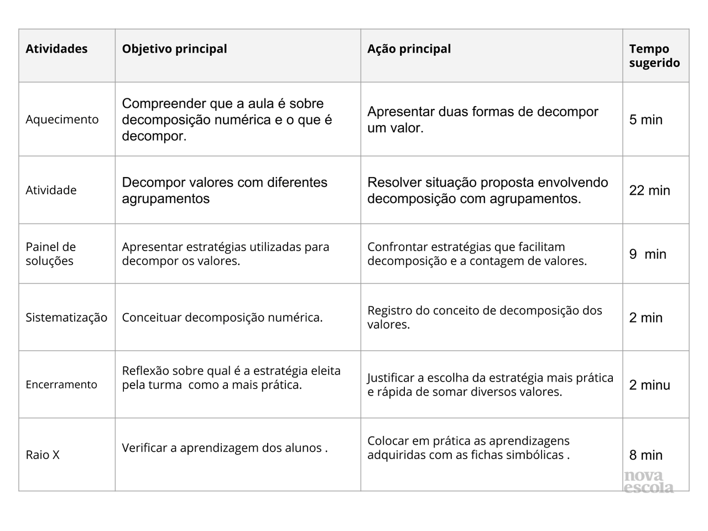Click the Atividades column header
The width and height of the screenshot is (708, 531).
coord(56,49)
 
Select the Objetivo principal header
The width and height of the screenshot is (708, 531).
coord(174,49)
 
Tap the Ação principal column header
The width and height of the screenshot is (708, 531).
coord(409,49)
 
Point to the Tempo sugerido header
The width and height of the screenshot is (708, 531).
coord(654,56)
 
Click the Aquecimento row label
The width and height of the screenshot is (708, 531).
coord(62,119)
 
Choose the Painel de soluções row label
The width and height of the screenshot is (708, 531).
coord(50,254)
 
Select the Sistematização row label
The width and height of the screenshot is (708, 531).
coord(66,317)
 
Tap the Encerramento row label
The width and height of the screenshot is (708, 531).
coord(61,384)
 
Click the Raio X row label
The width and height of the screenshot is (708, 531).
coord(43,455)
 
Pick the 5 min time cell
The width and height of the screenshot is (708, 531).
coord(645,119)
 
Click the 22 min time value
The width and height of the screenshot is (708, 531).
coord(649,190)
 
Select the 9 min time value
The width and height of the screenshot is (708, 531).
coord(648,254)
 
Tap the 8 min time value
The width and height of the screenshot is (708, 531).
coord(645,455)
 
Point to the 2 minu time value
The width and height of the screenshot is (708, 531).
coord(649,385)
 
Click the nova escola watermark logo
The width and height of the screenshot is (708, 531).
coord(648,482)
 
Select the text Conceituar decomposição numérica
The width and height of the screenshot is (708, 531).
coord(222,317)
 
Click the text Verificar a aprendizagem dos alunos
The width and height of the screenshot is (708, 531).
coord(225,448)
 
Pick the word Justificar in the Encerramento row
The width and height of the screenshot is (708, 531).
coord(391,378)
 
